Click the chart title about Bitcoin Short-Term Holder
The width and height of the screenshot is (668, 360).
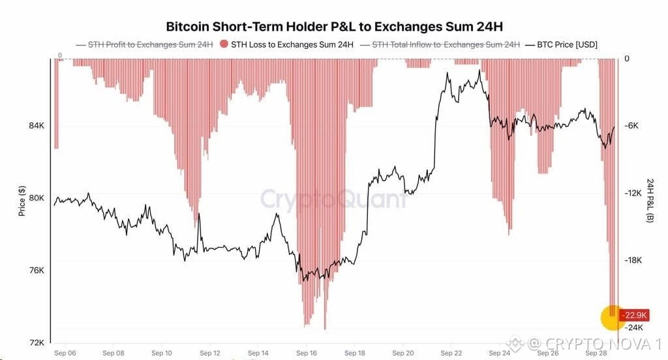click(x=334, y=27)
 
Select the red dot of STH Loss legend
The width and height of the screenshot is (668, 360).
click(x=224, y=44)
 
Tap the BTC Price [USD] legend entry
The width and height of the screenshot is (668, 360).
click(x=561, y=44)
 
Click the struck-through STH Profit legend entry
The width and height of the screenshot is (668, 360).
click(x=144, y=44)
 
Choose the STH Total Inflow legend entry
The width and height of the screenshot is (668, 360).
click(x=440, y=44)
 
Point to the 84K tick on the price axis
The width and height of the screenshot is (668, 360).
click(x=37, y=126)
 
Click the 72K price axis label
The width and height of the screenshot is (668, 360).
click(x=37, y=342)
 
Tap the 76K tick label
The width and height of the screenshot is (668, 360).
click(x=37, y=271)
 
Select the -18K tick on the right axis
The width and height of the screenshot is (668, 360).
click(x=633, y=260)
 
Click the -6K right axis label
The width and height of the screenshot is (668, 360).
click(x=631, y=126)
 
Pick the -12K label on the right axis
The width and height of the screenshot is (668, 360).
click(x=633, y=193)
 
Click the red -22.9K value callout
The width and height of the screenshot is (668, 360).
click(x=634, y=315)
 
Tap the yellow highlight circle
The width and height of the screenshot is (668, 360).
click(x=613, y=318)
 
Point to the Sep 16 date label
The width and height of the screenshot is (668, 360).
click(x=307, y=353)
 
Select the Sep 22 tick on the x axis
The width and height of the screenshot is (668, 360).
click(x=451, y=353)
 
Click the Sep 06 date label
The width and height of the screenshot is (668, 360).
click(x=65, y=353)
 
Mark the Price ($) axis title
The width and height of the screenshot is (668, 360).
click(x=22, y=201)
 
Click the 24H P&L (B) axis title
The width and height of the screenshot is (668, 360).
click(x=650, y=201)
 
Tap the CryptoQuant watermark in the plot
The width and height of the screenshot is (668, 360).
click(x=333, y=199)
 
